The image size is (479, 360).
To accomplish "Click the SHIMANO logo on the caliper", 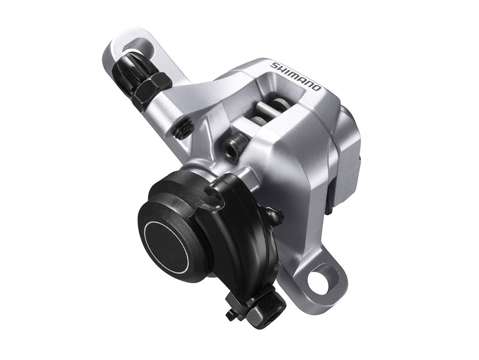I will [x=296, y=77].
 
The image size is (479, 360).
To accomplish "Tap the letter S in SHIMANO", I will [x=274, y=66].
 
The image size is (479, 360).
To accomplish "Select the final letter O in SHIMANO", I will [x=317, y=88].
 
